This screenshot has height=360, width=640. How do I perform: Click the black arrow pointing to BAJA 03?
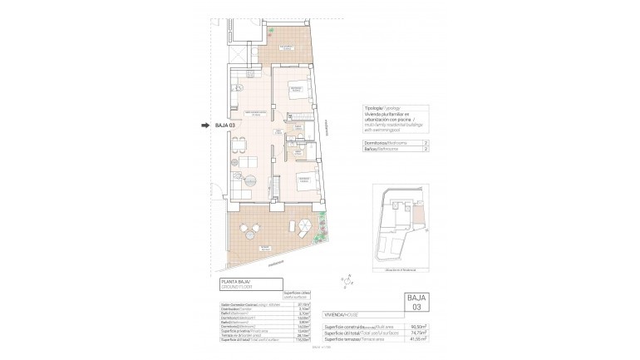tap(204, 126)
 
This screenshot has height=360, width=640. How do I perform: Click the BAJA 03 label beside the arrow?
tap(225, 126)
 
